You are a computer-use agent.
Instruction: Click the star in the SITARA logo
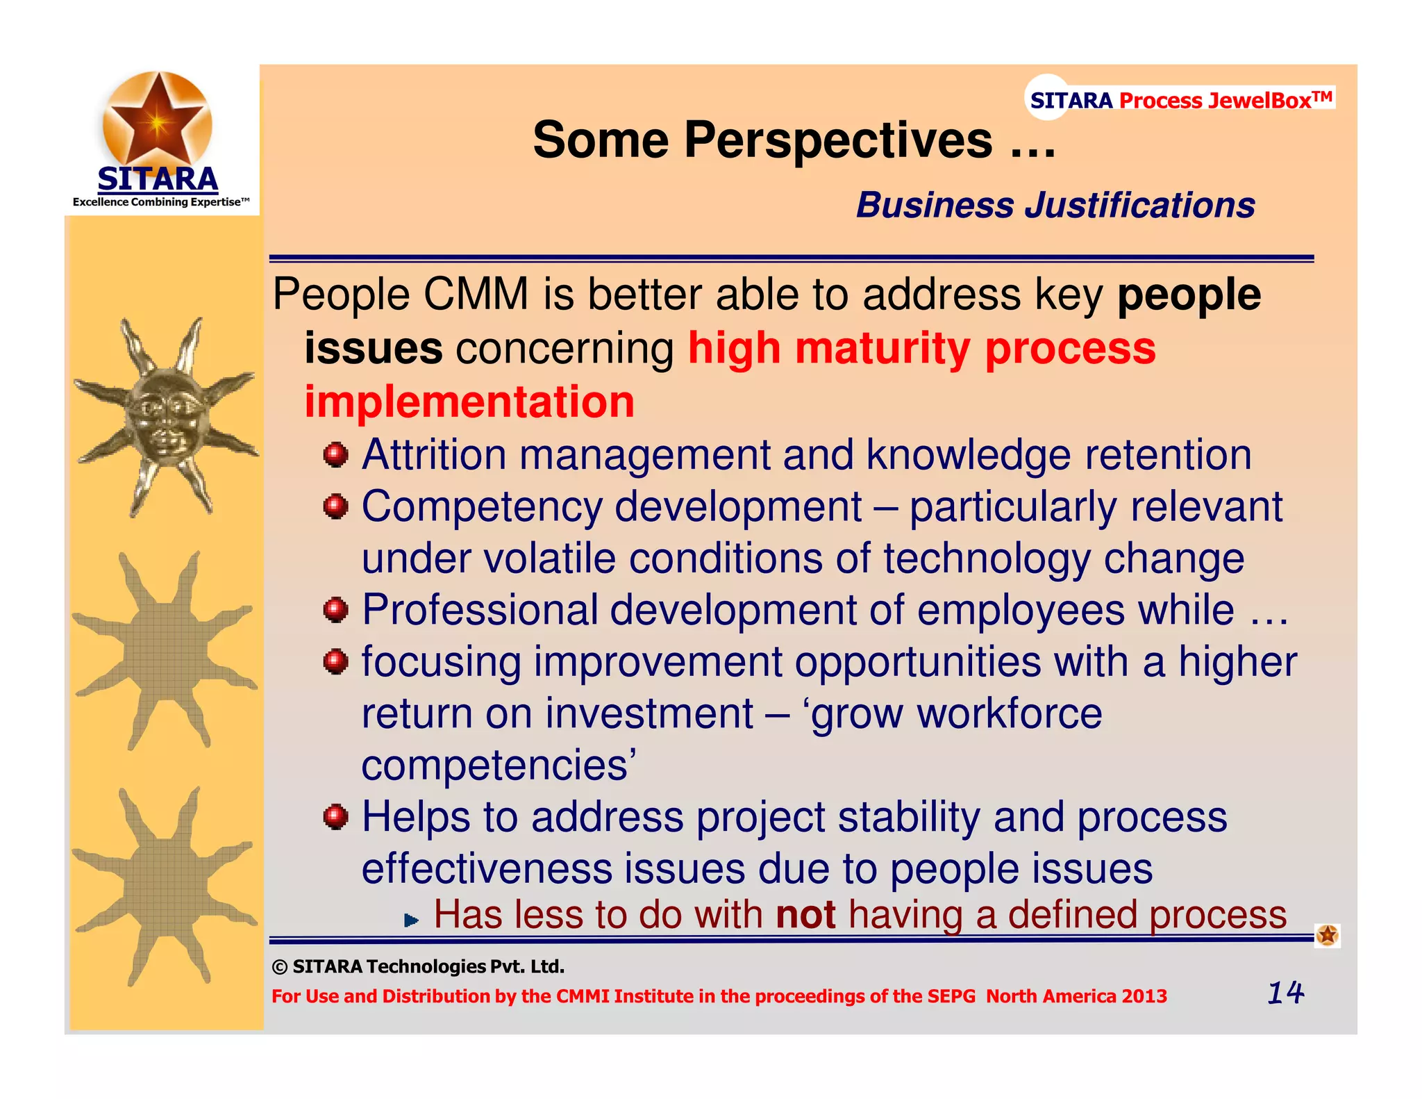pyautogui.click(x=158, y=119)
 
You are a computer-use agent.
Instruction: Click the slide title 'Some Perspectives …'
pyautogui.click(x=794, y=140)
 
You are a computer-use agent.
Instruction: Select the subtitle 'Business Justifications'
pyautogui.click(x=1055, y=206)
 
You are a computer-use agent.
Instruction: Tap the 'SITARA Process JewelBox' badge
pyautogui.click(x=1180, y=100)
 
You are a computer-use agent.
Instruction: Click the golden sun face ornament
pyautogui.click(x=165, y=417)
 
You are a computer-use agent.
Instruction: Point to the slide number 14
pyautogui.click(x=1285, y=993)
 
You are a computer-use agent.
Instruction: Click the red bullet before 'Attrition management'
pyautogui.click(x=335, y=456)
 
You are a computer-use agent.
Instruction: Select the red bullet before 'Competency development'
pyautogui.click(x=335, y=507)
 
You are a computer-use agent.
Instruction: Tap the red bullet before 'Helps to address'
pyautogui.click(x=335, y=817)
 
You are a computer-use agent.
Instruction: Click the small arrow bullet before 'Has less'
pyautogui.click(x=411, y=920)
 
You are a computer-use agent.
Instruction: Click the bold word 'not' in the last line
pyautogui.click(x=805, y=915)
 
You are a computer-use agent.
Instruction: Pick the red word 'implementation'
pyautogui.click(x=469, y=402)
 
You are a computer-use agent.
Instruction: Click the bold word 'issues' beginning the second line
pyautogui.click(x=374, y=348)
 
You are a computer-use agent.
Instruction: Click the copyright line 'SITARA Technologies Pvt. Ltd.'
pyautogui.click(x=418, y=966)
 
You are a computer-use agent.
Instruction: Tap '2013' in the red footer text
pyautogui.click(x=1144, y=996)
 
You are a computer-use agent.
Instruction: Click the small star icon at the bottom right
pyautogui.click(x=1327, y=935)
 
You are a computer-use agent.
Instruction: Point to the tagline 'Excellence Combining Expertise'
pyautogui.click(x=160, y=202)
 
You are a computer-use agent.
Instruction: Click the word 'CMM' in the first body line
pyautogui.click(x=476, y=295)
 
